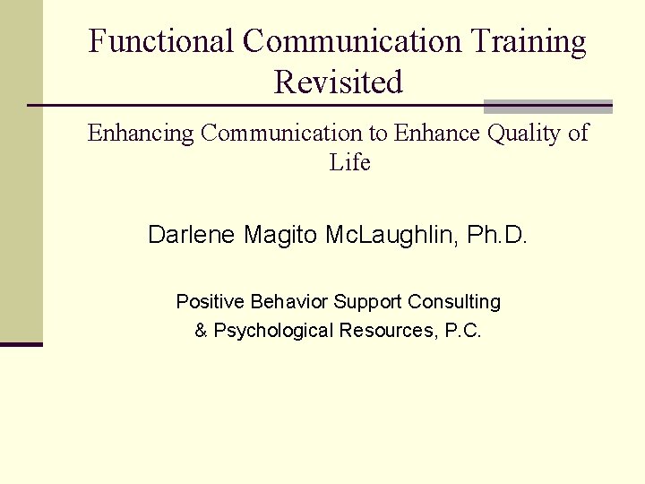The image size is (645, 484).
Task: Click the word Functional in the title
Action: [x=160, y=42]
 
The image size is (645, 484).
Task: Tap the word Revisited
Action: [x=339, y=82]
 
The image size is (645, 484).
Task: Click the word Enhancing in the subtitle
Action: [x=141, y=134]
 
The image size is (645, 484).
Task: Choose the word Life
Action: [x=349, y=162]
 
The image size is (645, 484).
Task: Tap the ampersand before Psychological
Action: [x=201, y=331]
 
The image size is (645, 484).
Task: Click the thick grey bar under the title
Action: [x=547, y=107]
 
